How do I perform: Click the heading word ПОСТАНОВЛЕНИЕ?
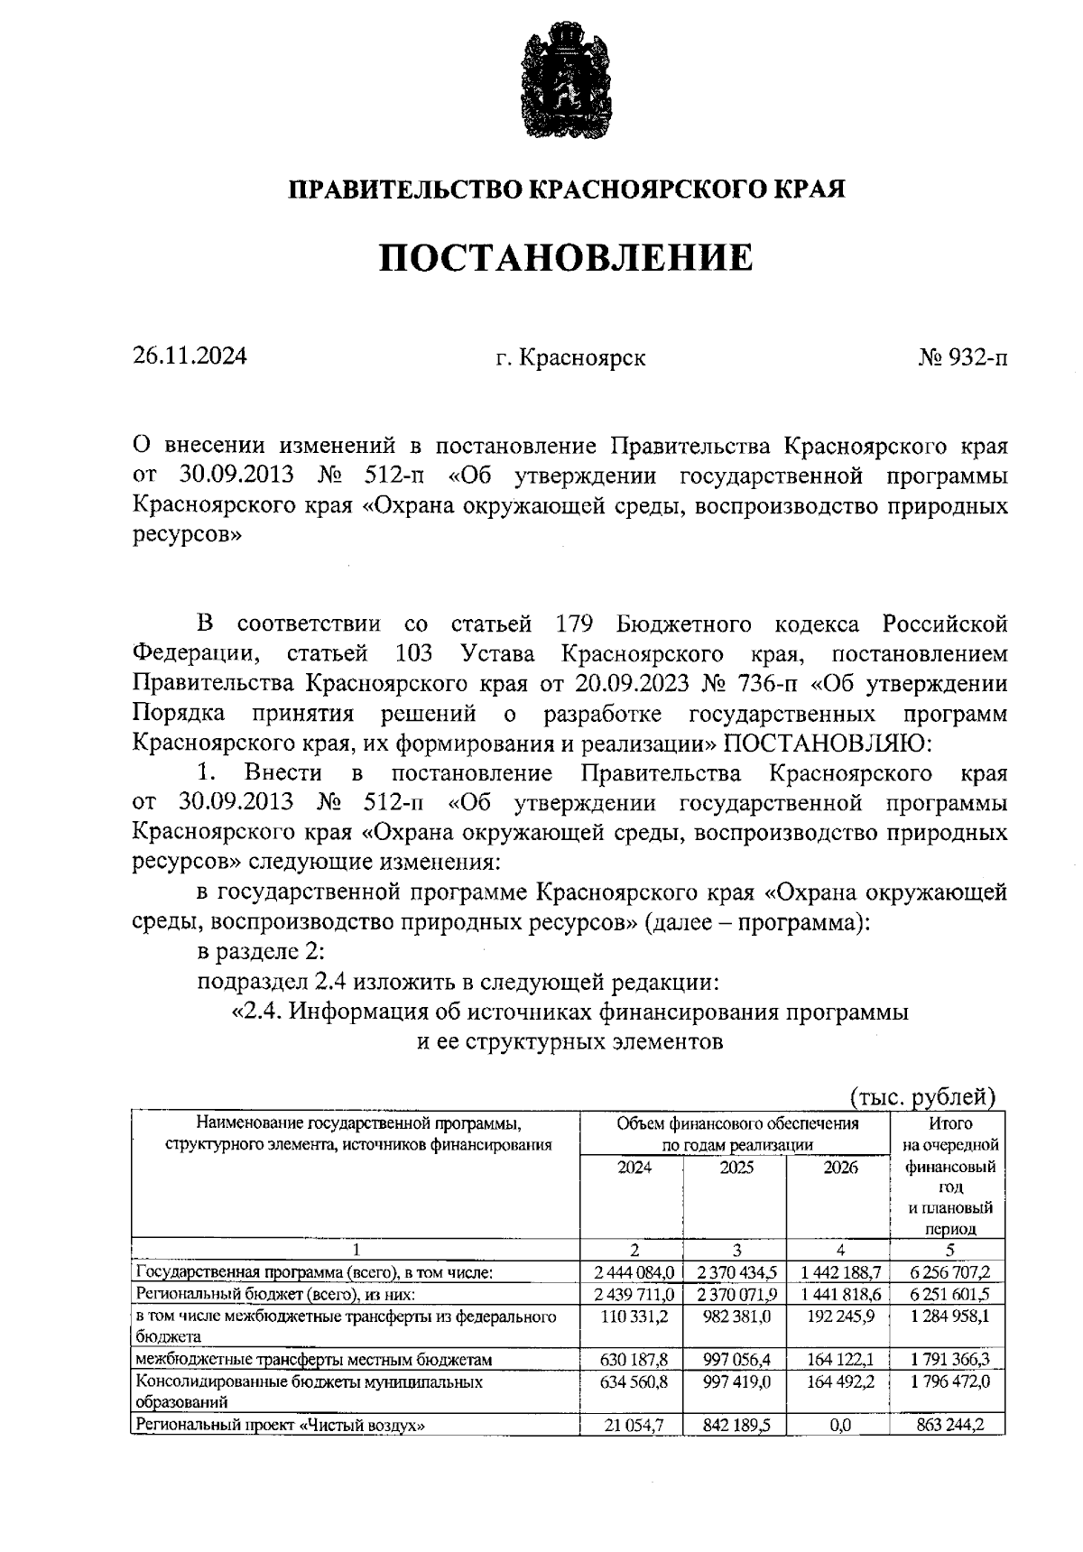[x=565, y=258]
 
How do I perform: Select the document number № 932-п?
[x=962, y=358]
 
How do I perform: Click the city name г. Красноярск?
[x=570, y=358]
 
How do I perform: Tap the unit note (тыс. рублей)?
[x=922, y=1096]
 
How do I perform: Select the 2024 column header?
[x=634, y=1168]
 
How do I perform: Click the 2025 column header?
[x=736, y=1168]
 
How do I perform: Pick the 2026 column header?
[x=839, y=1168]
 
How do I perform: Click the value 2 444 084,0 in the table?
[x=634, y=1272]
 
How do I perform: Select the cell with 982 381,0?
[x=736, y=1316]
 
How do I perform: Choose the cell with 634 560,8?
[x=634, y=1381]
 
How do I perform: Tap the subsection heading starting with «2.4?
[x=570, y=1012]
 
